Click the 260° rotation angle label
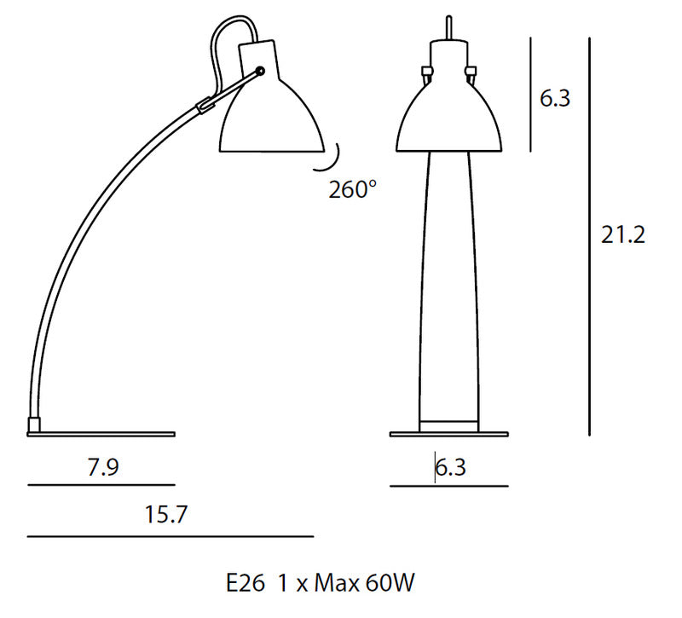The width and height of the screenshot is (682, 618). [352, 189]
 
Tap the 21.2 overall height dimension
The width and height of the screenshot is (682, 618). [623, 235]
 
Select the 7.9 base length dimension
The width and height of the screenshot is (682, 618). [103, 467]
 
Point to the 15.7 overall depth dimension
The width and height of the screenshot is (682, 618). [165, 515]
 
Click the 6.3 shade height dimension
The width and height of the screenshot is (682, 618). [555, 98]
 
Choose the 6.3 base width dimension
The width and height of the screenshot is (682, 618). [451, 467]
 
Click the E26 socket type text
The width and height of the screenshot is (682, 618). [246, 583]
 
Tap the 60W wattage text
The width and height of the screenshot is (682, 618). [390, 583]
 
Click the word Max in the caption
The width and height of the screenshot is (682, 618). [337, 583]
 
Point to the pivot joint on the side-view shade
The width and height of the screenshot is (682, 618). [261, 71]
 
